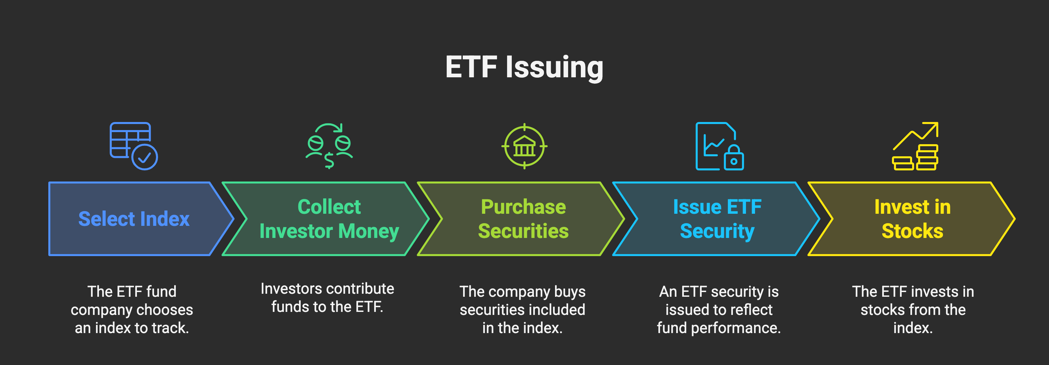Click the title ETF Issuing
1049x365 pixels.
tap(524, 67)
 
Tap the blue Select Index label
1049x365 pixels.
tap(134, 219)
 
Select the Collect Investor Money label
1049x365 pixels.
tap(329, 219)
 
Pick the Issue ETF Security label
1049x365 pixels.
tap(717, 219)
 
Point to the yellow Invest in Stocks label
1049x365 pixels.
tap(912, 219)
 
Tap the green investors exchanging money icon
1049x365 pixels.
tap(329, 146)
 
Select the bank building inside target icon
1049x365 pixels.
tap(524, 146)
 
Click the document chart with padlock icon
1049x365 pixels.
tap(719, 146)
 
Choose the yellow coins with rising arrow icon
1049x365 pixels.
tap(915, 146)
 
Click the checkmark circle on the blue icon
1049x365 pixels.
tap(145, 157)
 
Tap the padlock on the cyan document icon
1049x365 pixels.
tap(734, 159)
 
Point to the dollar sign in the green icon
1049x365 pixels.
tap(329, 161)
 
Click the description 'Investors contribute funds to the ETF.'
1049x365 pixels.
tap(327, 298)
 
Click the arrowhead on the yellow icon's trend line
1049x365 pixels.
tap(934, 126)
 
